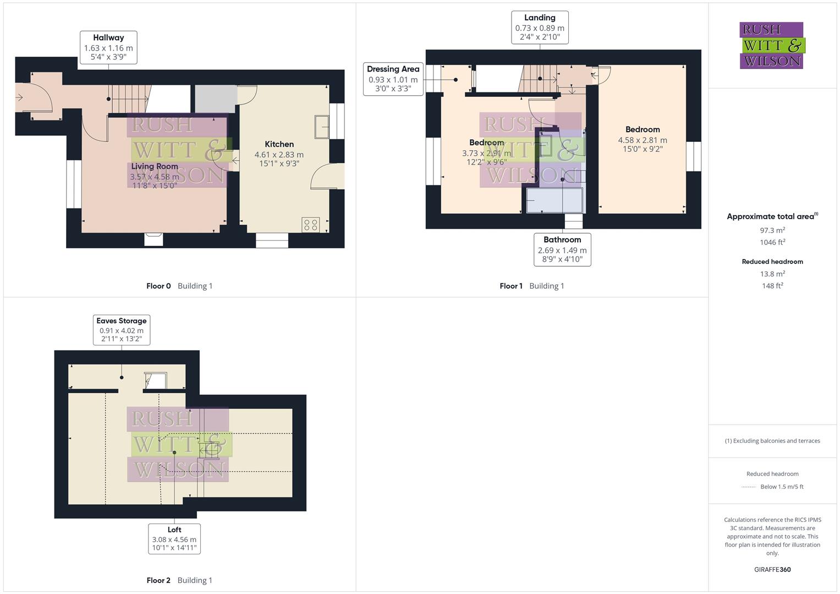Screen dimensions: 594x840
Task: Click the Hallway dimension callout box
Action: click(x=108, y=47)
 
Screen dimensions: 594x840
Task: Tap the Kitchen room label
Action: click(x=279, y=144)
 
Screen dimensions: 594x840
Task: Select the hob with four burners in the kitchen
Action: click(x=310, y=224)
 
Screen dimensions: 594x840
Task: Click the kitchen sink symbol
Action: click(x=321, y=127)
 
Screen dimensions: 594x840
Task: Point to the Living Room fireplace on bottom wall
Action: click(x=153, y=239)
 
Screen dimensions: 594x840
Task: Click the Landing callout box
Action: click(x=540, y=28)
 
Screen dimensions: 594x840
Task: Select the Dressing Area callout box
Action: click(x=393, y=79)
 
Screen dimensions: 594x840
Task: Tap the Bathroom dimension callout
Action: click(x=562, y=250)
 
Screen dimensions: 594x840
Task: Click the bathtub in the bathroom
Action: click(x=554, y=200)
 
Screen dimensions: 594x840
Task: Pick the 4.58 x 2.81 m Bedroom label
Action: click(x=643, y=139)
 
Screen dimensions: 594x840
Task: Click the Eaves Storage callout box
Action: click(x=122, y=329)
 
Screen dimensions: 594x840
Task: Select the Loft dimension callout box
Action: click(x=174, y=539)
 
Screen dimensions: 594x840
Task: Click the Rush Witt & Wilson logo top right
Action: click(x=772, y=46)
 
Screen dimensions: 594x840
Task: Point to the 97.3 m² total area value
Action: click(x=772, y=230)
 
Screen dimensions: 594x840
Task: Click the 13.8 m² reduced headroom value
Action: click(x=772, y=274)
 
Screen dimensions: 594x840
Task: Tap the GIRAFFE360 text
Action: click(x=772, y=570)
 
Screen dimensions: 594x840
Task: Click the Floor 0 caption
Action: click(x=158, y=286)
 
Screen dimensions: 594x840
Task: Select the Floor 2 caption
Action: click(x=158, y=580)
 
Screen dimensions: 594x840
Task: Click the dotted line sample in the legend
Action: click(x=749, y=487)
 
